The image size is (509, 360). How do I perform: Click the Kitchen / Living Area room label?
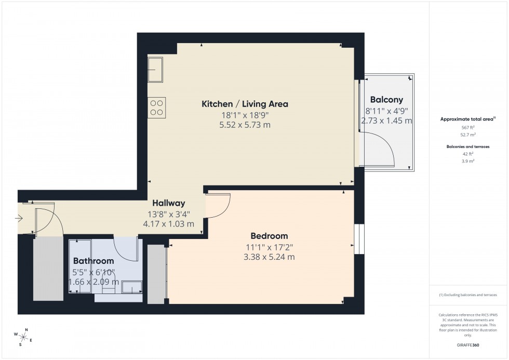(x=245, y=104)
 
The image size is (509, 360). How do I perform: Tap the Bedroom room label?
(x=269, y=236)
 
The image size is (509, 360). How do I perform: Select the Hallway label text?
(x=168, y=203)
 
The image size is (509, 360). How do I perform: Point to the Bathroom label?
(x=93, y=261)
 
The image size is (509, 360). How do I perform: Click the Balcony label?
(x=386, y=100)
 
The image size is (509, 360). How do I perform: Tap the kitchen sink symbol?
(x=156, y=70)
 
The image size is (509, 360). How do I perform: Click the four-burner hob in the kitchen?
(x=157, y=108)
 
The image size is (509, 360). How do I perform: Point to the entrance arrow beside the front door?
(x=19, y=219)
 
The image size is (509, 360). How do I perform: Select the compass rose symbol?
(x=23, y=337)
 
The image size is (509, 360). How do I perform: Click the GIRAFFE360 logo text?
(x=468, y=345)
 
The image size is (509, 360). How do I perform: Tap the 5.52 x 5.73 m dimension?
(x=245, y=125)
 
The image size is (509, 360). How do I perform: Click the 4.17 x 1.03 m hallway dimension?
(x=168, y=224)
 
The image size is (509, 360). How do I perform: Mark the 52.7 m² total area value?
(x=468, y=135)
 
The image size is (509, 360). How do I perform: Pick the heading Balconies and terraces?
(x=468, y=147)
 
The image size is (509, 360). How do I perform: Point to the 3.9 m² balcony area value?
(x=468, y=161)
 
